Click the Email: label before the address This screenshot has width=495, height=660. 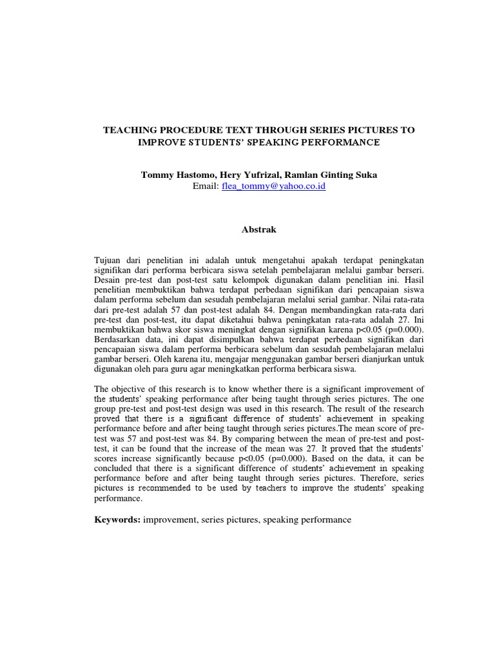pyautogui.click(x=206, y=186)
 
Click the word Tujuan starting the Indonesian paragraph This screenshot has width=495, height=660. pyautogui.click(x=110, y=259)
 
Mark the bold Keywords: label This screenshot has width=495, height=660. pyautogui.click(x=117, y=519)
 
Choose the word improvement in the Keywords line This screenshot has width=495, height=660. pyautogui.click(x=170, y=519)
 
